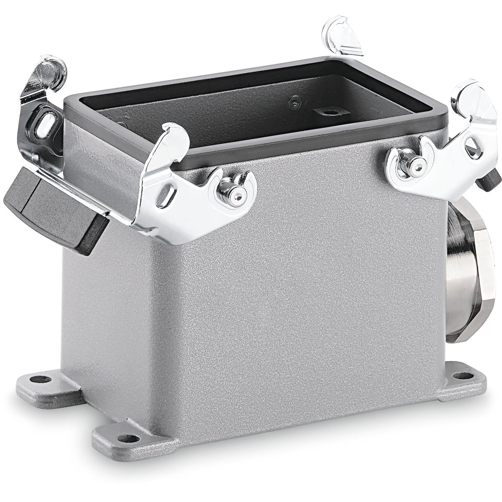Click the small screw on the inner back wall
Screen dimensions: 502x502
click(x=296, y=100)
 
